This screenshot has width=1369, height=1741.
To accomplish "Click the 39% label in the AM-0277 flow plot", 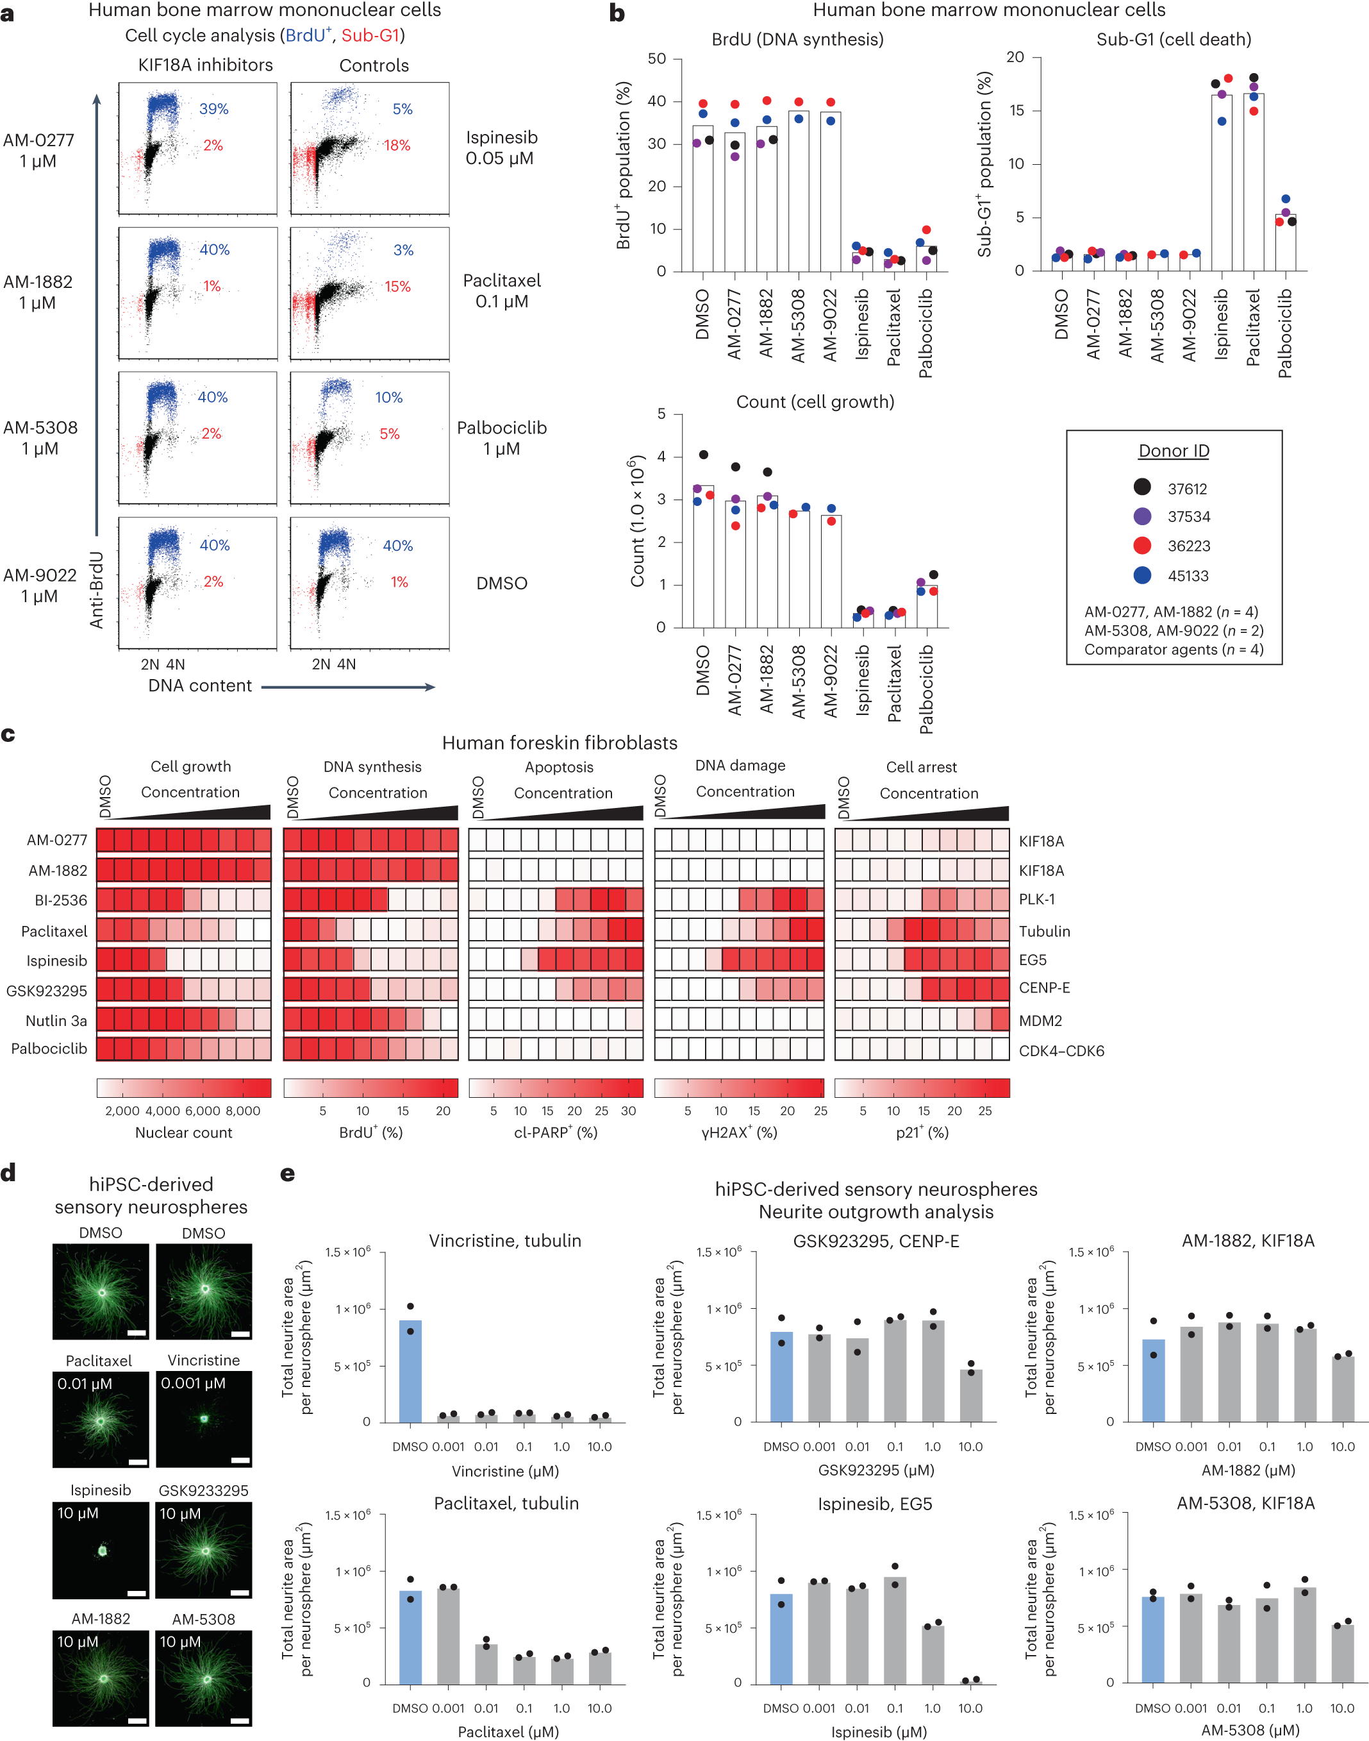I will tap(214, 109).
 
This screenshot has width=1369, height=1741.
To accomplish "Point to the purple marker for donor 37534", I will tap(1142, 516).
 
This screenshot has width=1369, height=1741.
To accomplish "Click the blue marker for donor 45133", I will tap(1142, 575).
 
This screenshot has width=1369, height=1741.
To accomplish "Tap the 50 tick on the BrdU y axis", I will tap(656, 58).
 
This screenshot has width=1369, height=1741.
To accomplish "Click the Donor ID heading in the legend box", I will tap(1174, 451).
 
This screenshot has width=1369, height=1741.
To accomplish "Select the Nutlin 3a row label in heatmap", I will tap(56, 1021).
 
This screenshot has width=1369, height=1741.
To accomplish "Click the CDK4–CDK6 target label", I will tap(1061, 1050).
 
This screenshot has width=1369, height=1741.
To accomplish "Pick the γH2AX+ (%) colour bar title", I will tap(739, 1132).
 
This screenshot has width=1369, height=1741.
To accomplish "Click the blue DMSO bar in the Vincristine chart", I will tap(410, 1371).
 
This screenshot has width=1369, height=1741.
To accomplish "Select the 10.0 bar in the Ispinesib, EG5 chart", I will tap(970, 1681).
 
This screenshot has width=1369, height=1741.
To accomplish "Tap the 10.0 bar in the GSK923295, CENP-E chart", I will tap(970, 1396).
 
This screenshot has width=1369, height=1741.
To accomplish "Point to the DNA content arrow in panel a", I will tap(348, 686).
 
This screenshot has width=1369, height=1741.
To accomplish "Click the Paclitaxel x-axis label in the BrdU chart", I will tap(893, 327).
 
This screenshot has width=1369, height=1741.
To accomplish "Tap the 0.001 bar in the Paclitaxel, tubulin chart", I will tap(448, 1636).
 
